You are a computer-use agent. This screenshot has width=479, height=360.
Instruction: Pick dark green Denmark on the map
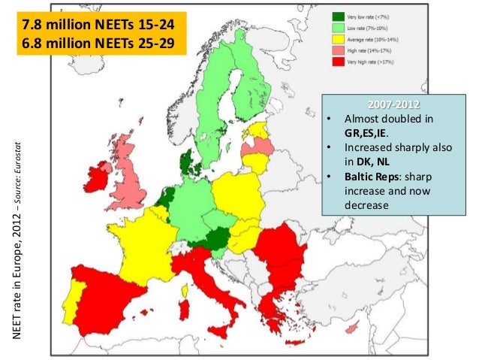[x=185, y=162]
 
